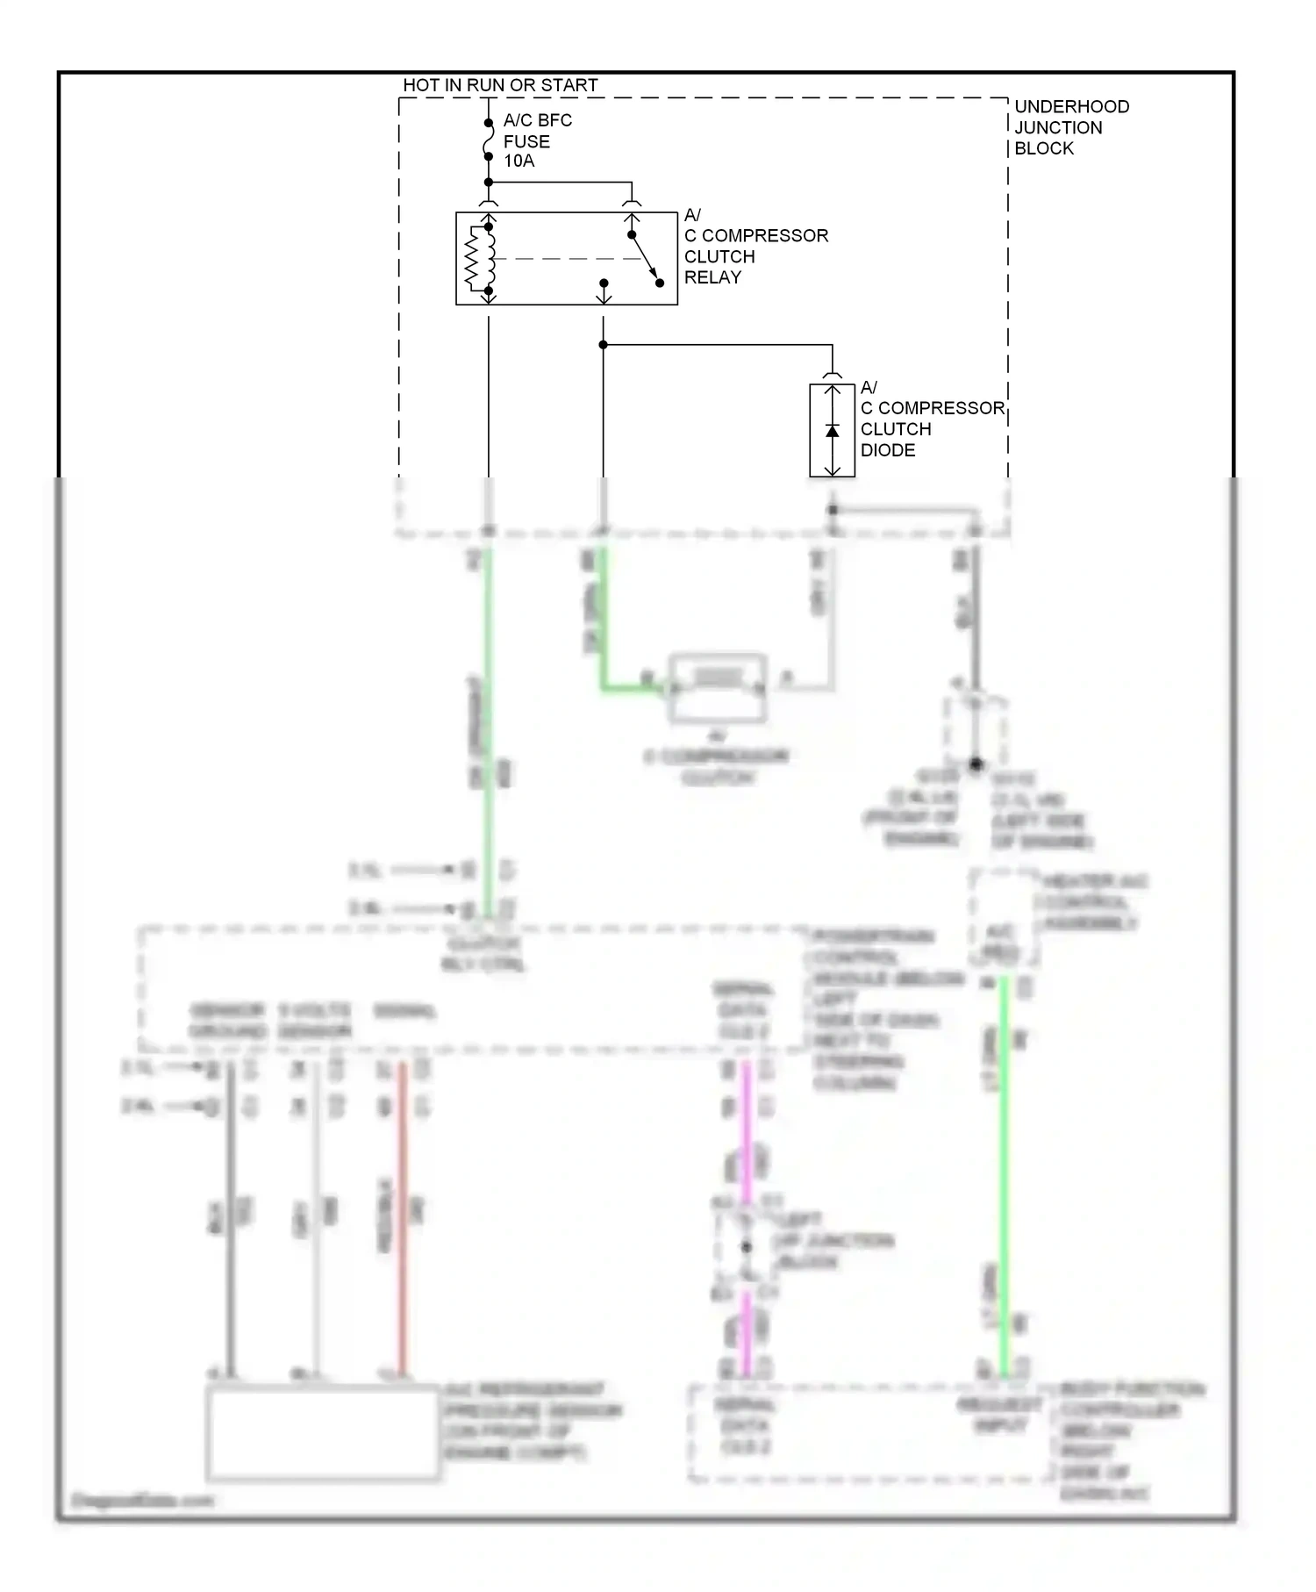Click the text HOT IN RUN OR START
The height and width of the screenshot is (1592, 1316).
(x=500, y=85)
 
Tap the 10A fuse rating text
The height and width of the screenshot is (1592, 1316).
(x=519, y=161)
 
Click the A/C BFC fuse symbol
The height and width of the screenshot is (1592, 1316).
(x=489, y=140)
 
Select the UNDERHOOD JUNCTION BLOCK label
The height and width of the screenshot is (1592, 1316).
(x=1071, y=127)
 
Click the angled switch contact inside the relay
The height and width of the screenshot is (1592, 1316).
(x=645, y=259)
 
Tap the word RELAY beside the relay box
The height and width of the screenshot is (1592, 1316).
(x=712, y=277)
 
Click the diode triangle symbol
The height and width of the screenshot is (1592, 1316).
(x=832, y=431)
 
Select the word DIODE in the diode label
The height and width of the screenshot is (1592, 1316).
(x=888, y=450)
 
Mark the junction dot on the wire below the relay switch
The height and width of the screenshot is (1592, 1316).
(x=604, y=345)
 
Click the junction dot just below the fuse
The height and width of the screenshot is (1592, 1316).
(x=489, y=183)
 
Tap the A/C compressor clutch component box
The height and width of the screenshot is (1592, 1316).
(x=718, y=688)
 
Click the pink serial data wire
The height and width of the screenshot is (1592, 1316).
(x=746, y=1132)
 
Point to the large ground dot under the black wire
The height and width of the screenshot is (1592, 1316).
(x=976, y=764)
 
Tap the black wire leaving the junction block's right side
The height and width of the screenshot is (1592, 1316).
(x=975, y=614)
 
